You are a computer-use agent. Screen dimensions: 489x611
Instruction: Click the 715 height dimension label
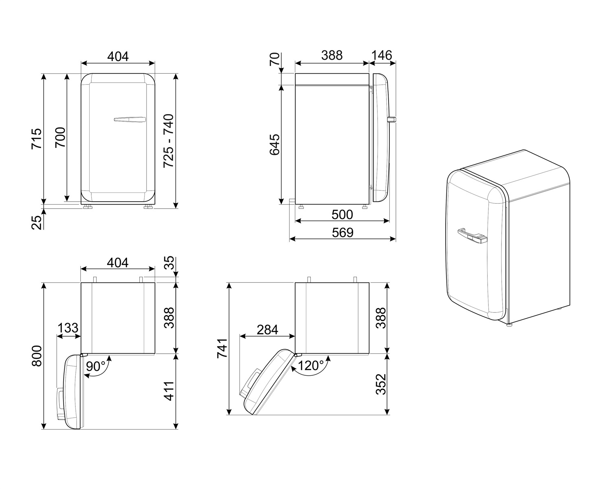[37, 139]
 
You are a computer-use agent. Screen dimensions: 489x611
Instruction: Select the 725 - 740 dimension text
[168, 141]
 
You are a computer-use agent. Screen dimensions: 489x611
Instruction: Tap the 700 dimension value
[60, 138]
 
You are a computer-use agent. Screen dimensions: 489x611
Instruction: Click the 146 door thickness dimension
[381, 55]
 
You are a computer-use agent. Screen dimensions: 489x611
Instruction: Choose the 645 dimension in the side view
[275, 145]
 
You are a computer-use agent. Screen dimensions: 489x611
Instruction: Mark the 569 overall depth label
[342, 233]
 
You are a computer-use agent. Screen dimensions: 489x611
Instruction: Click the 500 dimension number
[342, 214]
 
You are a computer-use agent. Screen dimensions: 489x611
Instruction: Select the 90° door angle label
[96, 366]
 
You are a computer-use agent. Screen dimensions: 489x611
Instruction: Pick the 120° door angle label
[311, 366]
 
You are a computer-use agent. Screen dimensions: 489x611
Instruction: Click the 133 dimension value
[68, 328]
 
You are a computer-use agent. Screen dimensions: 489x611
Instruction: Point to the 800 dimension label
[37, 356]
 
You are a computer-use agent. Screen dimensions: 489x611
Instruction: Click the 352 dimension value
[380, 384]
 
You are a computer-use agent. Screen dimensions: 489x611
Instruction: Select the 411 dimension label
[168, 391]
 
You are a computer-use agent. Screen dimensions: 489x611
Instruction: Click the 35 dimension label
[168, 263]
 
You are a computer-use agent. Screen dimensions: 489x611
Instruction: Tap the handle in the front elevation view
[130, 119]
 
